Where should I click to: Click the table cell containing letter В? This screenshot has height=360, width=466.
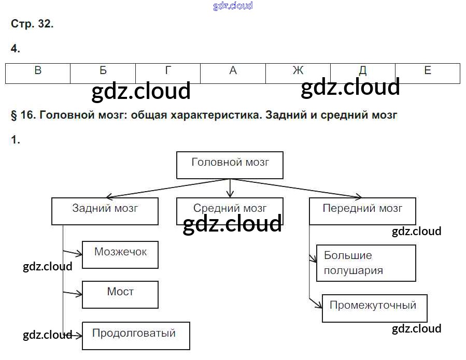(38, 73)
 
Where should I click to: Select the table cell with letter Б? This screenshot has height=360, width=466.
(103, 73)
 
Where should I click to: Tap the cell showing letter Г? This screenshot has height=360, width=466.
(168, 73)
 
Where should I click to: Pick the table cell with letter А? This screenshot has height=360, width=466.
(233, 73)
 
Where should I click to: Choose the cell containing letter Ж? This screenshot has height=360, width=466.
(298, 73)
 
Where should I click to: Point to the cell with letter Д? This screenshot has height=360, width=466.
(363, 73)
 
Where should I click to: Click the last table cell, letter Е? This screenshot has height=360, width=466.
(428, 73)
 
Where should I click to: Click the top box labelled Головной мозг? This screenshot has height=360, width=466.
(230, 165)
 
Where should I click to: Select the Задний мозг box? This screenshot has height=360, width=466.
(105, 211)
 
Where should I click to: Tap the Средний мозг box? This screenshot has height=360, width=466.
(230, 211)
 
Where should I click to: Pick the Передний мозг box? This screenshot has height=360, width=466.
(362, 211)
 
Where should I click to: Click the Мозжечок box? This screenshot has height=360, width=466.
(120, 254)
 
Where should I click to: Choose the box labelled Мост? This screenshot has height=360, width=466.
(120, 294)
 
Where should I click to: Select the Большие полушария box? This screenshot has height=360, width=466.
(366, 263)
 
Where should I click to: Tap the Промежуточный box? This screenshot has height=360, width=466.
(375, 308)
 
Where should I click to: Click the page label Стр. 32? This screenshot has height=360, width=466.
(32, 24)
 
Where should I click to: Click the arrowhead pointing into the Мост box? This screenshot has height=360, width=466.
(80, 294)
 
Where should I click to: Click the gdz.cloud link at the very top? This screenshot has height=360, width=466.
(233, 6)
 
